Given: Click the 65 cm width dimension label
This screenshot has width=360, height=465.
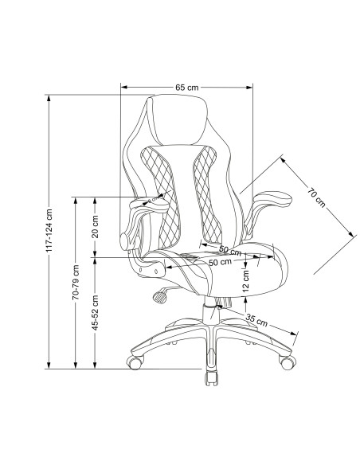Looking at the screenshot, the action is pos(187,88).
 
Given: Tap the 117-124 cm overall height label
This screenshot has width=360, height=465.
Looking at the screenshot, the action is pos(49,231).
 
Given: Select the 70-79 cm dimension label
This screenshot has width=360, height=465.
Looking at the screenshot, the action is pos(76,282).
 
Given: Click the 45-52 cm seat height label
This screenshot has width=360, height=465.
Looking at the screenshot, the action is pos(95,313).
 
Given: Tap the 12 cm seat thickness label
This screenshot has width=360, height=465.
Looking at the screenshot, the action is pos(246,281).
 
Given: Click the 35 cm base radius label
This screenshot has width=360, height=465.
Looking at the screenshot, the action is pos(256,320).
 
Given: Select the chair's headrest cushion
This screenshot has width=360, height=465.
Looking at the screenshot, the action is pos(177,120).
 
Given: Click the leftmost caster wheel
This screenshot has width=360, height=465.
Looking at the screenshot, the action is pos(135,362).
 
